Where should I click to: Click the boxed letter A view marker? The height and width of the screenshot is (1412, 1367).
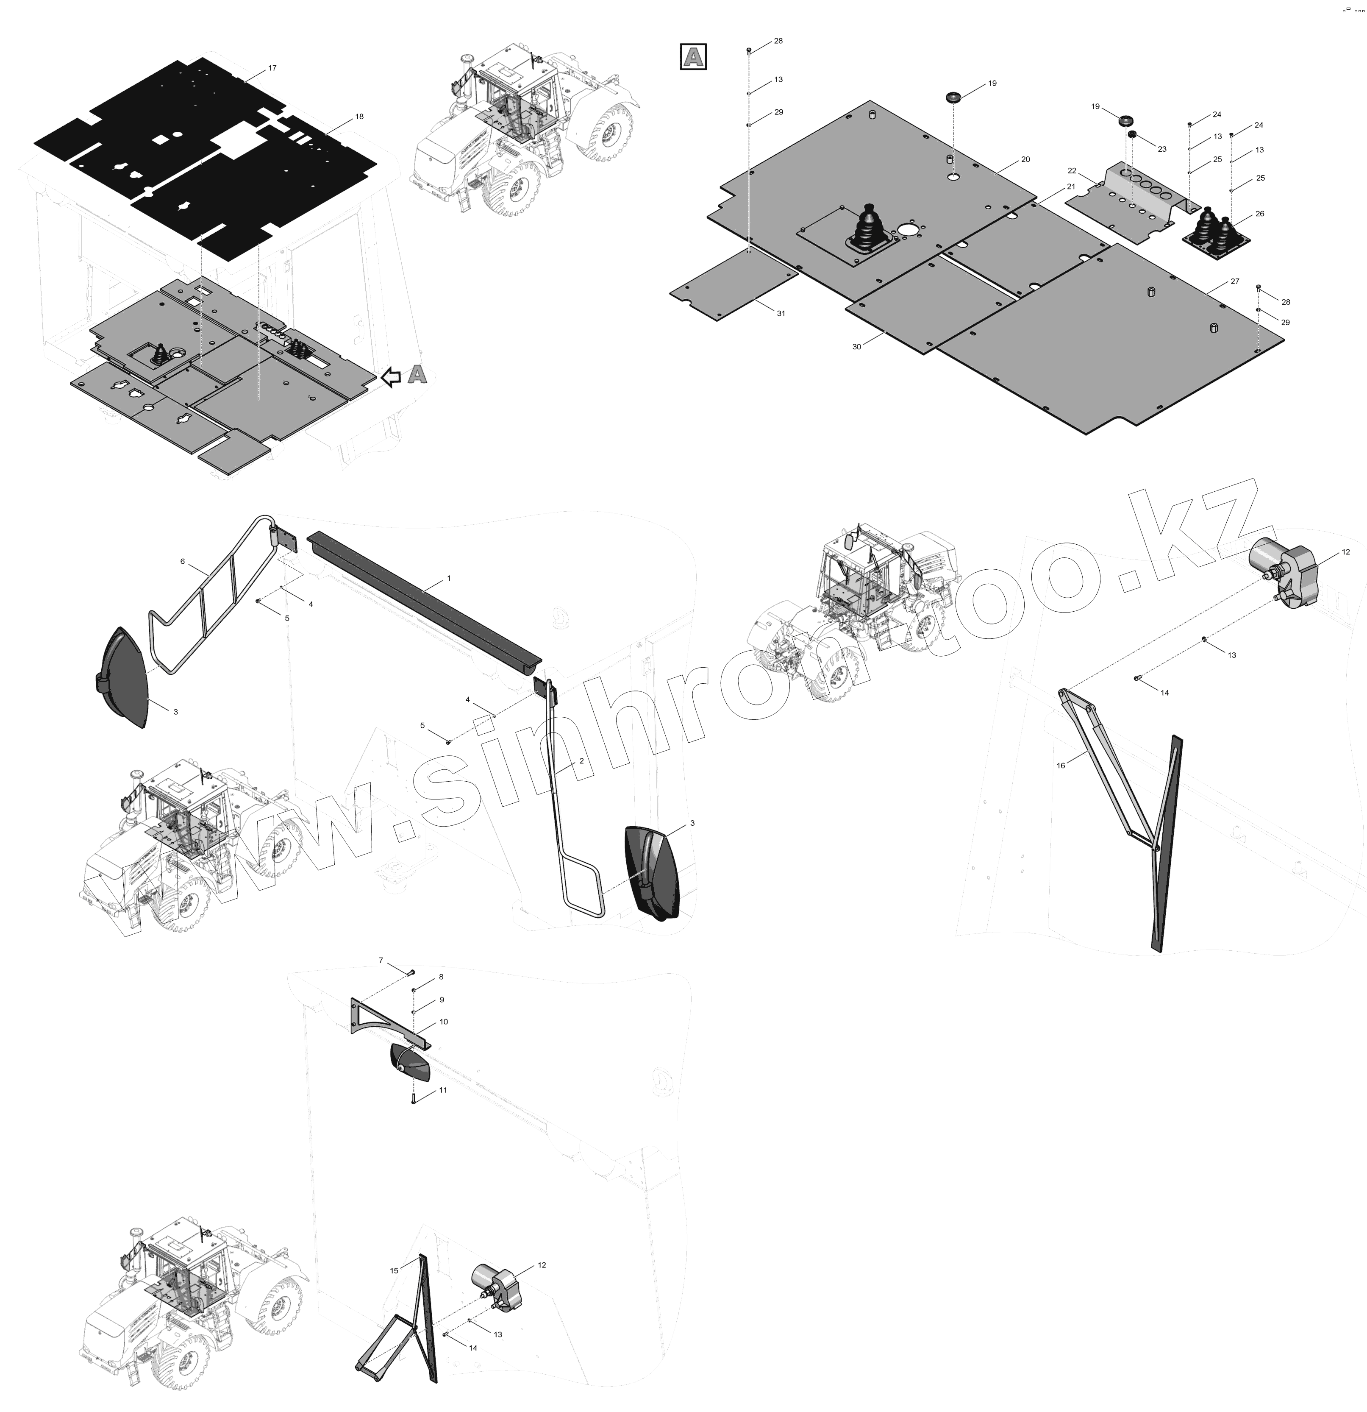pyautogui.click(x=693, y=57)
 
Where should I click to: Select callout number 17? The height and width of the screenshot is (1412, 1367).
pyautogui.click(x=272, y=68)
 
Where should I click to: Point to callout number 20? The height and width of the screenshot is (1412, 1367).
pyautogui.click(x=1025, y=159)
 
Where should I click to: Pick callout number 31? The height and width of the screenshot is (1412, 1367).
pyautogui.click(x=781, y=313)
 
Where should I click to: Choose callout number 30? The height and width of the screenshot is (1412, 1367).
pyautogui.click(x=856, y=346)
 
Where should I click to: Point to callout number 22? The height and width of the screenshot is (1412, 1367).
pyautogui.click(x=1072, y=171)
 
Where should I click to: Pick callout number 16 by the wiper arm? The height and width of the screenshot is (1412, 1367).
pyautogui.click(x=1060, y=765)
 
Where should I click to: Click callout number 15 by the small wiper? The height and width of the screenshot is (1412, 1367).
pyautogui.click(x=394, y=1290)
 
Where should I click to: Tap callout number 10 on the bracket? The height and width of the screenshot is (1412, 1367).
pyautogui.click(x=444, y=1022)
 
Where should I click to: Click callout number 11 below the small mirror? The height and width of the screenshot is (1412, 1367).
pyautogui.click(x=443, y=1090)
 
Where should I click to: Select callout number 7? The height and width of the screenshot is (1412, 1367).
pyautogui.click(x=381, y=960)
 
